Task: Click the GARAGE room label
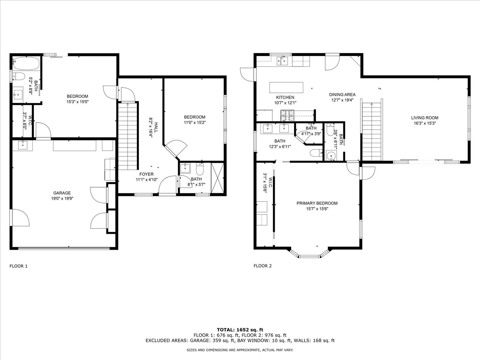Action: point(62,193)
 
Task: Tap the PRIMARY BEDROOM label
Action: point(317,203)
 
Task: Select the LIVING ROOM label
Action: point(425,118)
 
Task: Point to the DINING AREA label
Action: point(342,95)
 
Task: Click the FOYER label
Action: point(146,174)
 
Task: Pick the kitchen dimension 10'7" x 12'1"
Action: point(285,103)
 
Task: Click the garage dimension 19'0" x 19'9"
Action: point(62,199)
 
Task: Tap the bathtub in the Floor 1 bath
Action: point(26,63)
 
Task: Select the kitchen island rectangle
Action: point(286,88)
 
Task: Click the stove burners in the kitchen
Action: point(287,116)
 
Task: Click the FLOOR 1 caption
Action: point(18,266)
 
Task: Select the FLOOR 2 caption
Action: point(263,266)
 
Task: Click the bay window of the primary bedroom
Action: point(310,253)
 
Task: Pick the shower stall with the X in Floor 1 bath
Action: point(217,178)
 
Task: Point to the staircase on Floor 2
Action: point(372,132)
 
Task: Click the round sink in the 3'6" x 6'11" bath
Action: point(332,156)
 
